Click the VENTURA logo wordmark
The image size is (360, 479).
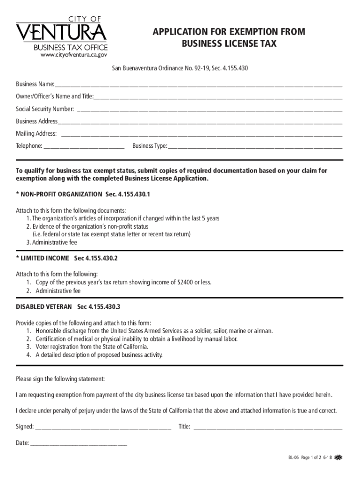point(61,33)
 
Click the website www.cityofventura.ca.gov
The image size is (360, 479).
point(70,54)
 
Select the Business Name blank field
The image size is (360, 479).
point(198,86)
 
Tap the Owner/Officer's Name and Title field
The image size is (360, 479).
point(218,98)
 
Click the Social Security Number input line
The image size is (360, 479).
point(209,110)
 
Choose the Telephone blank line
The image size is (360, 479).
point(84,147)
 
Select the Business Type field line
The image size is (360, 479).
point(255,147)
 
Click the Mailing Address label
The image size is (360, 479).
point(36,134)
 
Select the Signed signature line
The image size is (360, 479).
point(103,428)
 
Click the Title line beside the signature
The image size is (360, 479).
point(267,428)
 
